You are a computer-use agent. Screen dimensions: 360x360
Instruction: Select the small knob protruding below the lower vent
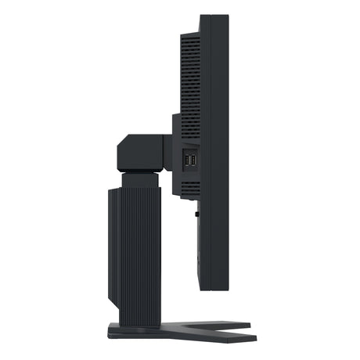coord(196,210)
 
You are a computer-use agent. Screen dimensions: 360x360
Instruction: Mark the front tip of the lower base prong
coord(254,338)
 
